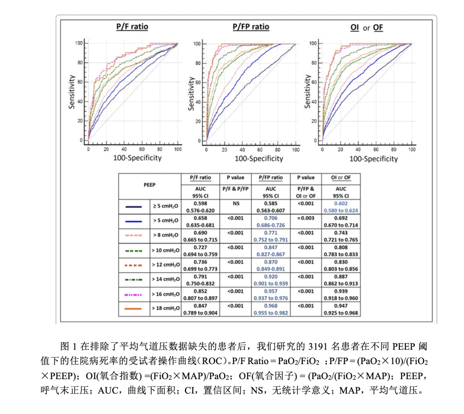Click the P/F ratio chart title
pos(132,27)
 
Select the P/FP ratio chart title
pos(251,27)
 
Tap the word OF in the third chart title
pos(378,28)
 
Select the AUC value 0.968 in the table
pos(271,306)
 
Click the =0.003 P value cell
pos(306,218)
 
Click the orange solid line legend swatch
pos(134,309)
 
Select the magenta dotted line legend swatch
pos(134,294)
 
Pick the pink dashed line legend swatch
pos(134,236)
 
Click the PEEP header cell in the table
pos(150,185)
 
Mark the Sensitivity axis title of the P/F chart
pos(72,92)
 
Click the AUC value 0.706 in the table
pos(271,218)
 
